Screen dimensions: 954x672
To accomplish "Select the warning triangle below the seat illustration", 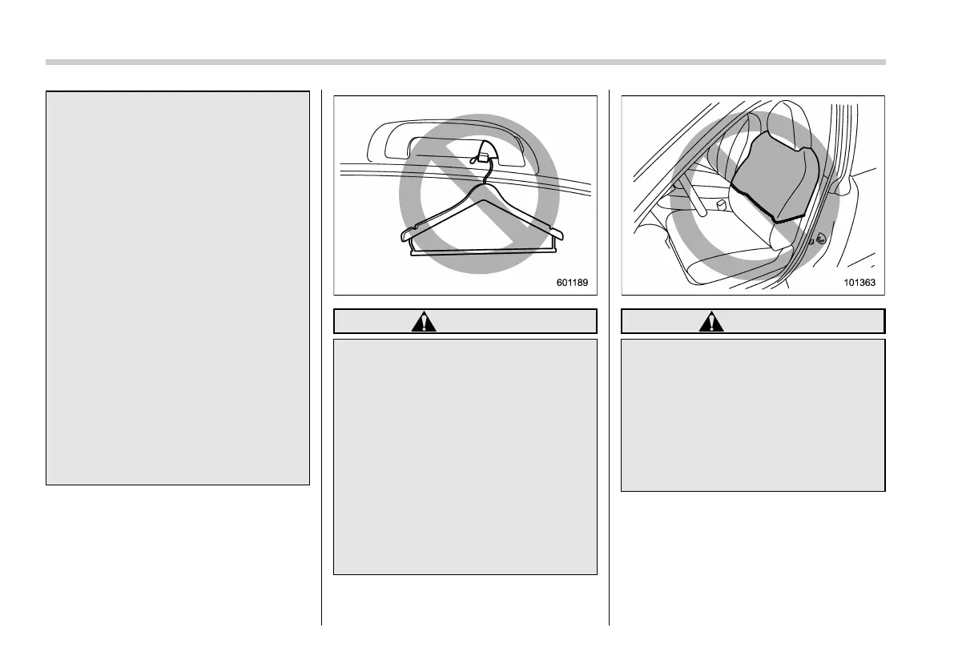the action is [709, 322].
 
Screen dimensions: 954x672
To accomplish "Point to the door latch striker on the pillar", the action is [819, 237].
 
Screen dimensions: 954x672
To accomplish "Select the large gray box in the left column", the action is [177, 288].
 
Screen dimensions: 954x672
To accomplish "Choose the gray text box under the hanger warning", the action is [465, 456].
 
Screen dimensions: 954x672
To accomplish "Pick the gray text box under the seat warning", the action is [753, 414].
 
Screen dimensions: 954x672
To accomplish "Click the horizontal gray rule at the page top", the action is [465, 62].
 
